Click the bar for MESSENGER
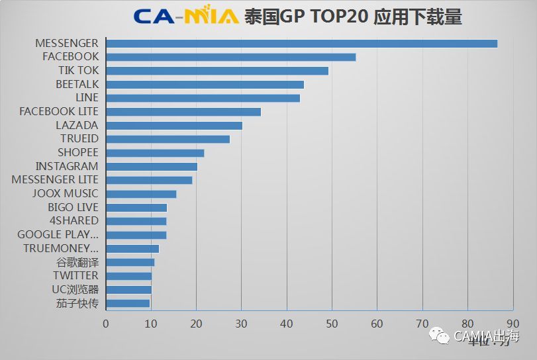pos(301,43)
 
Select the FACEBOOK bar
pos(230,57)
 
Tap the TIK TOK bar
pos(217,71)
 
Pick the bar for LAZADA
pos(174,125)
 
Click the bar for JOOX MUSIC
pos(141,194)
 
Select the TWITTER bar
pos(128,276)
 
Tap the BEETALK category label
pos(77,84)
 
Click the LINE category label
pos(87,98)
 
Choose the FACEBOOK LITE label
pos(58,111)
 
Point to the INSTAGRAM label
pos(66,166)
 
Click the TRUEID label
pos(79,139)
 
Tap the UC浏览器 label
pos(75,289)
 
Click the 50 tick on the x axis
pos(332,324)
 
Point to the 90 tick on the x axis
pos(513,324)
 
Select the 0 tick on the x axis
pos(106,324)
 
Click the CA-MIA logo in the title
pos(185,16)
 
